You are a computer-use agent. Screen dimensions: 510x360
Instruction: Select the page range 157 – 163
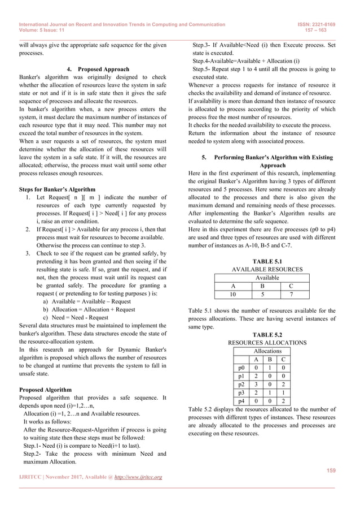(x=329, y=31)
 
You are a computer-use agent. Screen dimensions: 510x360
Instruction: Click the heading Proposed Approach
(x=103, y=69)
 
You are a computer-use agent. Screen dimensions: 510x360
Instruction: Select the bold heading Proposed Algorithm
(x=45, y=390)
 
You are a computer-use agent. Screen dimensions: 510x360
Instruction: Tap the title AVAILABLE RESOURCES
(x=267, y=270)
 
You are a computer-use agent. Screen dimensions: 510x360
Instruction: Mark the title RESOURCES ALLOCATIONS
(x=267, y=343)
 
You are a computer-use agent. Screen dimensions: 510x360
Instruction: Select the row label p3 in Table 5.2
(x=241, y=392)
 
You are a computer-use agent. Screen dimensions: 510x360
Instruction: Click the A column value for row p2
(x=256, y=383)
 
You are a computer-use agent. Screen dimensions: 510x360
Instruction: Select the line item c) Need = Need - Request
(x=76, y=317)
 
